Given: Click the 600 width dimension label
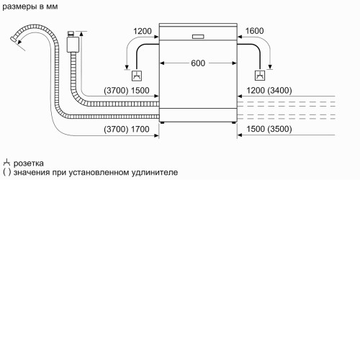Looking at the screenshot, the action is coord(198,63).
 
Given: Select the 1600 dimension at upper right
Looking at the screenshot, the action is coord(254,31).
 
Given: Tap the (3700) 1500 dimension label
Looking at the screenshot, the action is coord(127,91).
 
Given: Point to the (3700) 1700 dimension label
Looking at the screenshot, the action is coord(127,130).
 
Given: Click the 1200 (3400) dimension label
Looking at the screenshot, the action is coord(269,91).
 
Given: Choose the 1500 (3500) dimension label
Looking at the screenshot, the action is coord(269,129).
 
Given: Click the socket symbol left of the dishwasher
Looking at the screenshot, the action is coord(137,76).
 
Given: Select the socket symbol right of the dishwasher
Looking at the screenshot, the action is coord(260,76).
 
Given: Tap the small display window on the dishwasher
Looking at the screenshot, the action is coord(198,37).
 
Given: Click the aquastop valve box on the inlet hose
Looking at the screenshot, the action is coord(73,45).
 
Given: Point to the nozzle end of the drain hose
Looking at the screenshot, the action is coord(14,40).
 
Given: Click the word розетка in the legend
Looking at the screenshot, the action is coord(29,163).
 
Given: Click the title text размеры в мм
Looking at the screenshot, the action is coord(30,6).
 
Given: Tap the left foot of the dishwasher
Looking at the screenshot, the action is coord(163,122).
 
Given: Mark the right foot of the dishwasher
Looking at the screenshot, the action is coord(234,122).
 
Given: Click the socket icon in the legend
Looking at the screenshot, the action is coord(6,163).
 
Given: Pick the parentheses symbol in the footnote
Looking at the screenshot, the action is coord(7,173).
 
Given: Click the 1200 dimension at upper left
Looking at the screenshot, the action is coord(143,31).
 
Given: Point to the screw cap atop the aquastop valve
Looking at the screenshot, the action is coord(71,34).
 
